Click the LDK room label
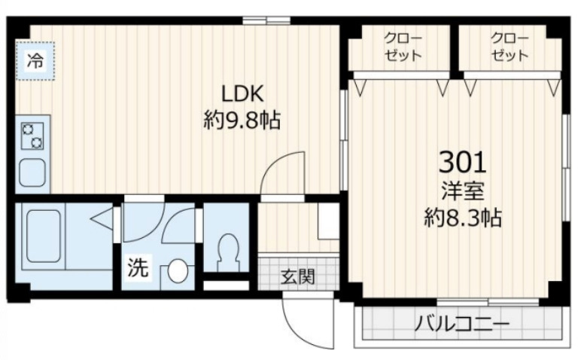(241, 94)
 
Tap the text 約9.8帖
(241, 120)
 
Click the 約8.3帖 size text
(461, 218)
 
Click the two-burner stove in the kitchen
(32, 136)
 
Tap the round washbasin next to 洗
(177, 271)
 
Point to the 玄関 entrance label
(297, 276)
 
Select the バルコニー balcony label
(461, 325)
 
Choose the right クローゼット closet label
(509, 47)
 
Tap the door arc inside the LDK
(284, 172)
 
